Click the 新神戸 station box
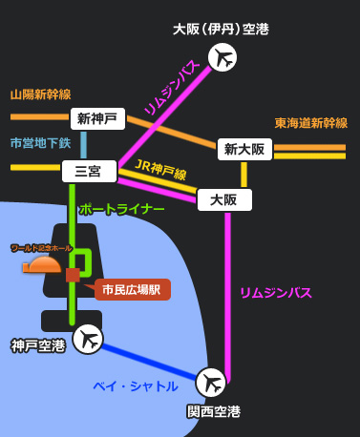click(x=97, y=119)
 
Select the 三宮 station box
click(x=89, y=172)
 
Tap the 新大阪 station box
click(x=244, y=149)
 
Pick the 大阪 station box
click(x=224, y=199)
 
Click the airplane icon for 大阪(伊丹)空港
click(x=222, y=58)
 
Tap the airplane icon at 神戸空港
click(x=88, y=338)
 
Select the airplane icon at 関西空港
click(x=211, y=383)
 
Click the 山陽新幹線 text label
click(x=41, y=94)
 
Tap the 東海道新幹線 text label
click(x=311, y=123)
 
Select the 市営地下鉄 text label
click(x=41, y=143)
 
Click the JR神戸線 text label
click(x=160, y=171)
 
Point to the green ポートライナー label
click(x=121, y=208)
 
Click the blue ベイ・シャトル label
click(x=136, y=386)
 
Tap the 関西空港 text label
click(x=214, y=412)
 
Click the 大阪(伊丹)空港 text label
click(x=221, y=30)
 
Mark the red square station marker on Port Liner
click(x=73, y=275)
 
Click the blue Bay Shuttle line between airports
click(x=153, y=360)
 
